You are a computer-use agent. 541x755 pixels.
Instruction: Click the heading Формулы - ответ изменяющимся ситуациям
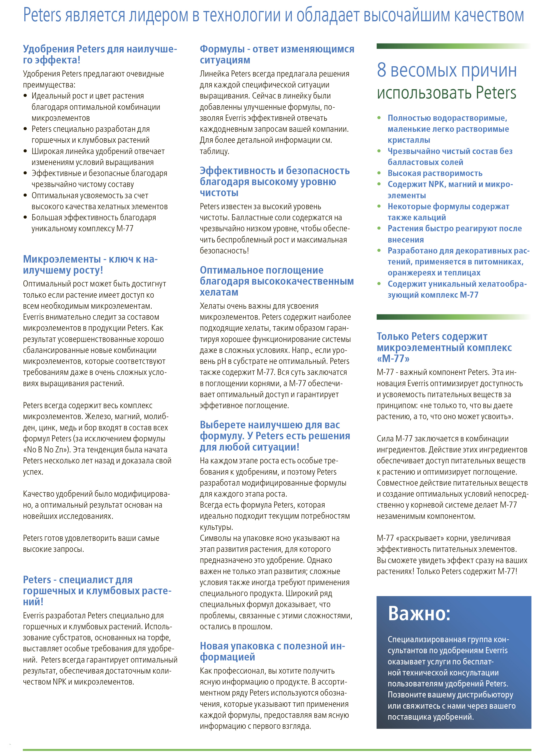(277, 54)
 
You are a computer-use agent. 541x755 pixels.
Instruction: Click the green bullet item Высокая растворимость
(435, 173)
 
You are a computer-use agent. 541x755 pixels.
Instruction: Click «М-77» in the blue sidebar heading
(393, 359)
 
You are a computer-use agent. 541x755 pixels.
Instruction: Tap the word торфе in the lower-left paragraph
(159, 638)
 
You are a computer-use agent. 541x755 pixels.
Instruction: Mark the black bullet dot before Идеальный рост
(25, 96)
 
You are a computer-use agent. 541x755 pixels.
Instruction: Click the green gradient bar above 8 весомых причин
(453, 46)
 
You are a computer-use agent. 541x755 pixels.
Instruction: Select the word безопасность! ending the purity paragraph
(224, 251)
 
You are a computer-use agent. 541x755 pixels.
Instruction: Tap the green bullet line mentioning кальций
(448, 212)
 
